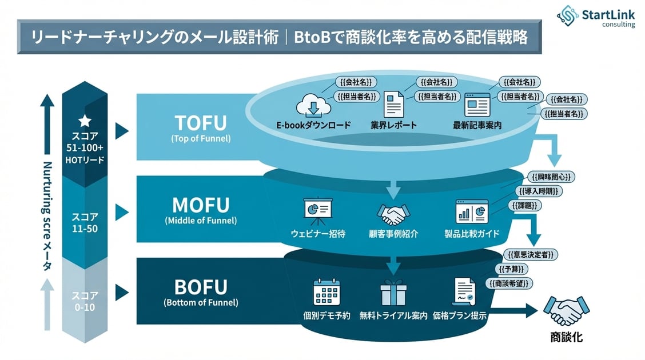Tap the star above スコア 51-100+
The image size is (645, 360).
[x=85, y=121]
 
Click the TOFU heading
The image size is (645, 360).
[x=200, y=123]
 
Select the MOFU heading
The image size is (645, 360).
[x=200, y=205]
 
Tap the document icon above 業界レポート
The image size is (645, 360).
[x=393, y=105]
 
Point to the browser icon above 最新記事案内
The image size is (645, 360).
[x=477, y=105]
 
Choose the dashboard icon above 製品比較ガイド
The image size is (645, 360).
[x=472, y=211]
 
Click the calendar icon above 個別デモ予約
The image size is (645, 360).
[x=327, y=292]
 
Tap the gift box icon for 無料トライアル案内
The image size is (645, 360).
[x=393, y=292]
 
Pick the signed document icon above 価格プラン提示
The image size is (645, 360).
[x=463, y=292]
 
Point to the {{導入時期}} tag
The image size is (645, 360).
[x=539, y=191]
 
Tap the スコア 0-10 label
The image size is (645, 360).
[x=85, y=301]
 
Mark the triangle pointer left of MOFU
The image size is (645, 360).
[x=121, y=213]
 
